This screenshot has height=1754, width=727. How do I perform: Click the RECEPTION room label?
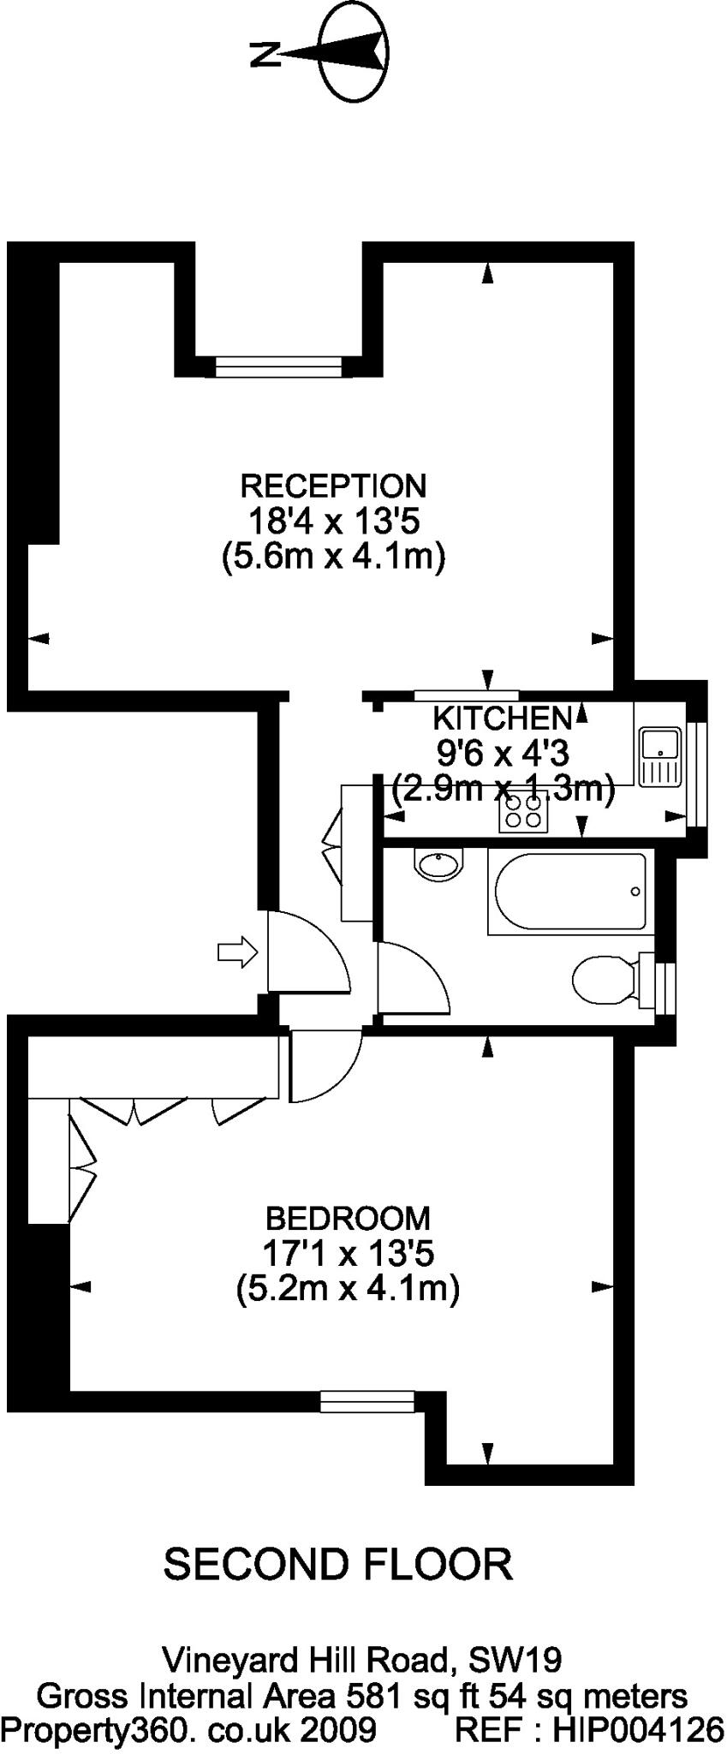pos(333,486)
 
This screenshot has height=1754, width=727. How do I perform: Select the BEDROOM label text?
pos(348,1218)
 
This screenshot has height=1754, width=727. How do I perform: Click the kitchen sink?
pos(659,755)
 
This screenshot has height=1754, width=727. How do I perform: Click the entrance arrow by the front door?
pos(238,952)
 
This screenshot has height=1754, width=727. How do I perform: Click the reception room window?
pos(278,367)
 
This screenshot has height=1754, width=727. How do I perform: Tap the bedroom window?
pos(367,1400)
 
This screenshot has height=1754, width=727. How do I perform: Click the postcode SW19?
pos(515,1660)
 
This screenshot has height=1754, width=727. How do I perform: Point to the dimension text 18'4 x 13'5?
pos(332,521)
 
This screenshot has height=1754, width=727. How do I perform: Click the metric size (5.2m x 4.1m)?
pos(348,1288)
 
